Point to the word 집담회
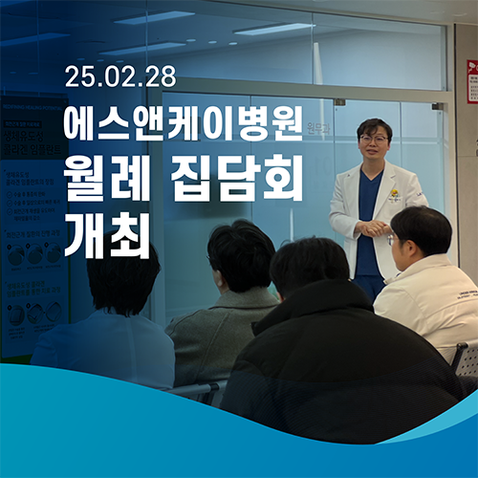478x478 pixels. pyautogui.click(x=242, y=179)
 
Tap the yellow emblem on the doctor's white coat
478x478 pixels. pyautogui.click(x=393, y=194)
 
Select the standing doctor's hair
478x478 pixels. pyautogui.click(x=374, y=126)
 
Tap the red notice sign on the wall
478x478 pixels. pyautogui.click(x=472, y=80)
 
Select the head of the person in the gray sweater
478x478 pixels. pyautogui.click(x=241, y=256)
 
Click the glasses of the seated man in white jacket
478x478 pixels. pyautogui.click(x=393, y=239)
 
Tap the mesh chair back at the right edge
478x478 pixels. pyautogui.click(x=466, y=358)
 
